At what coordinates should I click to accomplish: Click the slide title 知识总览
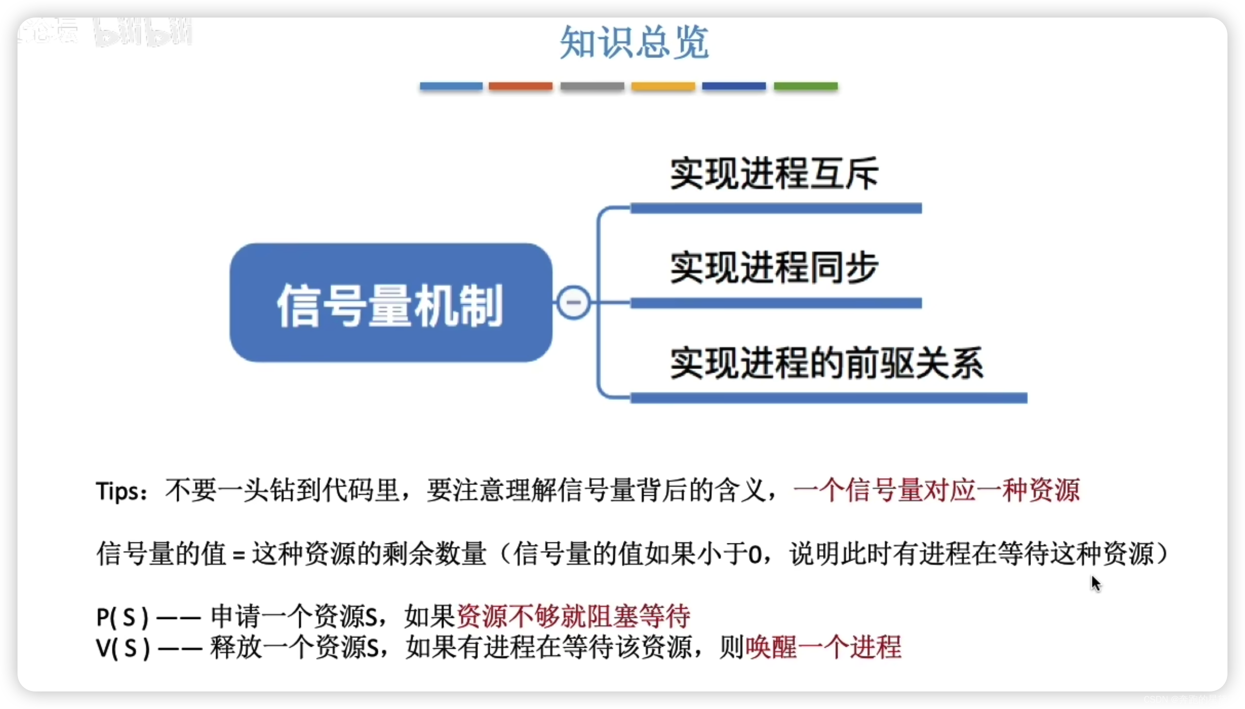click(634, 42)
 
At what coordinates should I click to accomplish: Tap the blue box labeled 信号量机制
click(391, 303)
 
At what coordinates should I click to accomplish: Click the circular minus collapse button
click(573, 302)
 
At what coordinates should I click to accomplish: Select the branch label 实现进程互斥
click(774, 174)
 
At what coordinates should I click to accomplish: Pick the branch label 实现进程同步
click(774, 268)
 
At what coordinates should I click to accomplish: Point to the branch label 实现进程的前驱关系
click(827, 363)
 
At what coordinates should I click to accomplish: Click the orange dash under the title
click(520, 86)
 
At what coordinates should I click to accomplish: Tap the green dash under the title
click(806, 86)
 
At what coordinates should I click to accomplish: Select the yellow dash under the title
click(663, 86)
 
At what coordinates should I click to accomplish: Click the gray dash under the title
click(592, 86)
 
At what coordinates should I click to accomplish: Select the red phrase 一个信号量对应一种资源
click(936, 490)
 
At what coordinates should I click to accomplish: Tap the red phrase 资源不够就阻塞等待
click(573, 616)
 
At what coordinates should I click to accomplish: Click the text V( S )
click(123, 649)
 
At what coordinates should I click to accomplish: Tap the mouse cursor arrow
click(1095, 582)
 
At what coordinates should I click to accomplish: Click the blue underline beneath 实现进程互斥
click(776, 208)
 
